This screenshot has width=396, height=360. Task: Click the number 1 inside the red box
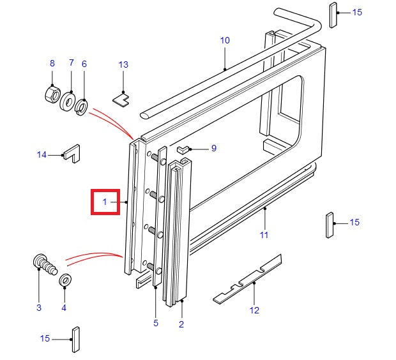(x=105, y=202)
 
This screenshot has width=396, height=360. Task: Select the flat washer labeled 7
(x=68, y=100)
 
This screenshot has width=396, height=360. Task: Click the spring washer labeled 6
(x=82, y=107)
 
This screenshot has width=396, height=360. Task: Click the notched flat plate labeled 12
(x=248, y=280)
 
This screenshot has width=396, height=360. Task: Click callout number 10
(x=225, y=40)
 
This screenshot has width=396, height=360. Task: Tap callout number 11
(x=264, y=235)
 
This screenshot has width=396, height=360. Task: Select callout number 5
(x=156, y=324)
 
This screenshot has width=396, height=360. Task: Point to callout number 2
(x=181, y=324)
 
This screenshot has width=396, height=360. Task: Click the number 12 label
(x=254, y=311)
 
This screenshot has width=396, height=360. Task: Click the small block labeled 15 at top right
(x=333, y=15)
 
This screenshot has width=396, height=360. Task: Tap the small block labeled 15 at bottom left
(x=75, y=339)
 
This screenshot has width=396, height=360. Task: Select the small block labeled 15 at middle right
(x=330, y=224)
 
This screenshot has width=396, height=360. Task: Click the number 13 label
(x=123, y=64)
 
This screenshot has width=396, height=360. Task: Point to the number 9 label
(x=213, y=148)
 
